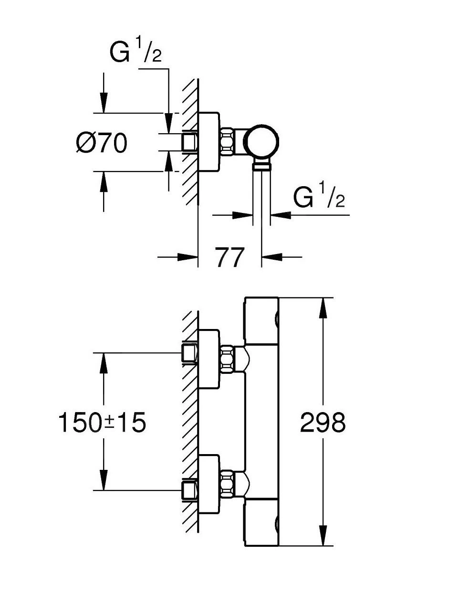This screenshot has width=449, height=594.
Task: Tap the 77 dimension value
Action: click(x=230, y=258)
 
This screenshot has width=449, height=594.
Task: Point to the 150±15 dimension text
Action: click(x=102, y=423)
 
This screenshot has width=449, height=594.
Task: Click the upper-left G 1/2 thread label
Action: click(x=136, y=53)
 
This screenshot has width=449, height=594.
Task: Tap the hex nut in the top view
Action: click(x=228, y=142)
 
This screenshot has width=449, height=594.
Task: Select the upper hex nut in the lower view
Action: click(x=228, y=359)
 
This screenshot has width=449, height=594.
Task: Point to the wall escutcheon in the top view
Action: click(x=209, y=142)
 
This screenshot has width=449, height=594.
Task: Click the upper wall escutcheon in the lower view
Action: click(x=209, y=359)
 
